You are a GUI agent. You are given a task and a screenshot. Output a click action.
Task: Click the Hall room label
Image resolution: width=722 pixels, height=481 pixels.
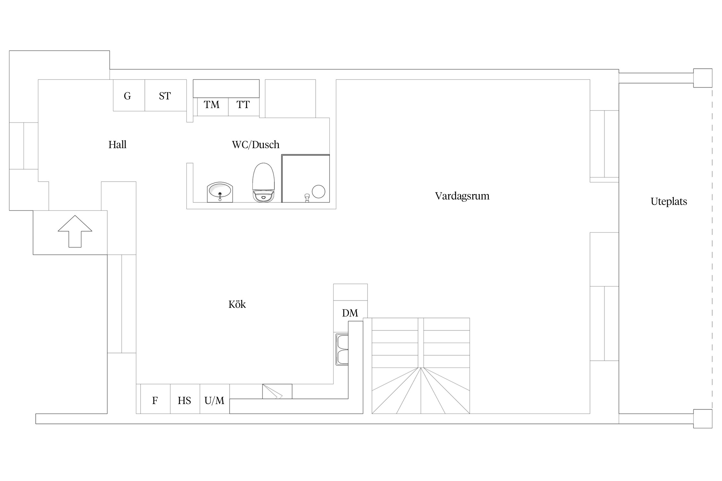[x=117, y=145]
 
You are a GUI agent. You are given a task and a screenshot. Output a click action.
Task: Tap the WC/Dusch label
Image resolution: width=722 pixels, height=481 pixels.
[x=256, y=145]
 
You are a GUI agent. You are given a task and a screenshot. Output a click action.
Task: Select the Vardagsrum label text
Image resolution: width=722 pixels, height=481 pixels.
[x=462, y=196]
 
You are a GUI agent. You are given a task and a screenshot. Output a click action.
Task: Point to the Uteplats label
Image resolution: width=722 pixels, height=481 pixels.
[x=669, y=201]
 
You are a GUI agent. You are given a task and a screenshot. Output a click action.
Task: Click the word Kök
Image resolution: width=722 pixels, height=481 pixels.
[x=237, y=304]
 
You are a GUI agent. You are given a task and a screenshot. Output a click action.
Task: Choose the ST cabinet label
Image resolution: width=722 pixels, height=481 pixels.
[x=165, y=96]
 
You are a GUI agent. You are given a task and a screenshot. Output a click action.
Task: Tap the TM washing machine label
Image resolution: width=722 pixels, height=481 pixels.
[x=212, y=105]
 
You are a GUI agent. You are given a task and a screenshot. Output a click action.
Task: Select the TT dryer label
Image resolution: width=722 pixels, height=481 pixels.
[x=243, y=105]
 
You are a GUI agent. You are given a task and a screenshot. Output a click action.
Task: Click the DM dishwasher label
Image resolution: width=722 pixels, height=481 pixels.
[x=350, y=313]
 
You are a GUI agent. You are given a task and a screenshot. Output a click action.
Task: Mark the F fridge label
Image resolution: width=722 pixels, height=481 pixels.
[x=155, y=401]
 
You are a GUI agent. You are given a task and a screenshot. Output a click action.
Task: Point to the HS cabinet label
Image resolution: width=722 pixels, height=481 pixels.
[x=185, y=401]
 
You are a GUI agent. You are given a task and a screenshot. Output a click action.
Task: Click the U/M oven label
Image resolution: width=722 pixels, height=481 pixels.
[x=214, y=401]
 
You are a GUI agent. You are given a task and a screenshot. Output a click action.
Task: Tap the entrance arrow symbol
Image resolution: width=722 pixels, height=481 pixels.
[x=75, y=231]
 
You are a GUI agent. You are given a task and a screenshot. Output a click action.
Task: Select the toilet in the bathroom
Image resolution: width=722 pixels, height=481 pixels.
[x=264, y=182]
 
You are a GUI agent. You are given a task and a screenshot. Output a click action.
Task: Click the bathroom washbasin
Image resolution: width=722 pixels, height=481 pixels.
[x=220, y=192]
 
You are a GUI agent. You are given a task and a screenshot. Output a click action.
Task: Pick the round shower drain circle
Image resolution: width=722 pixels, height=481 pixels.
[x=318, y=191]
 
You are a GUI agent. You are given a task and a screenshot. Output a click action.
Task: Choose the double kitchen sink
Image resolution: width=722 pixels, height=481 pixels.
[x=342, y=349]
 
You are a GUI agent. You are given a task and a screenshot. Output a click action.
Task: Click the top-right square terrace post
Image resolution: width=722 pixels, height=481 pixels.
[x=703, y=78]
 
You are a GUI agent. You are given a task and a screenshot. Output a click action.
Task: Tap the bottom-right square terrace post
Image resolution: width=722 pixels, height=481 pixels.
[x=703, y=418]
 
